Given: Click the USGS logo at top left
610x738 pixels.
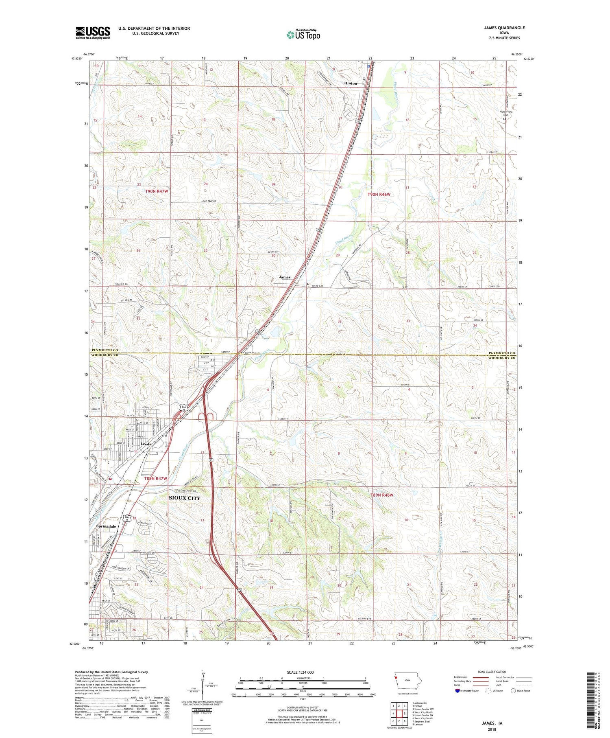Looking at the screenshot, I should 93,33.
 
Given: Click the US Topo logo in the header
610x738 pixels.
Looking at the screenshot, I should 303,35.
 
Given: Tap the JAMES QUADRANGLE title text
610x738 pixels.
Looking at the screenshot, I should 498,28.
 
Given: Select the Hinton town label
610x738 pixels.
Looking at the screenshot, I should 351,83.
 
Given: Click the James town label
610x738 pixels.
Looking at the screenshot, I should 284,277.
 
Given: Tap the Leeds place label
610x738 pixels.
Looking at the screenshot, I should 146,444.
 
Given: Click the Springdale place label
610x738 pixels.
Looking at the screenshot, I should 106,526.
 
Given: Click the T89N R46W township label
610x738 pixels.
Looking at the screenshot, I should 382,495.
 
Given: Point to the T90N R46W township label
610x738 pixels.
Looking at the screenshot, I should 379,194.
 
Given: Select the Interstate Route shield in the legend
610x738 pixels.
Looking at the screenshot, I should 458,691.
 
